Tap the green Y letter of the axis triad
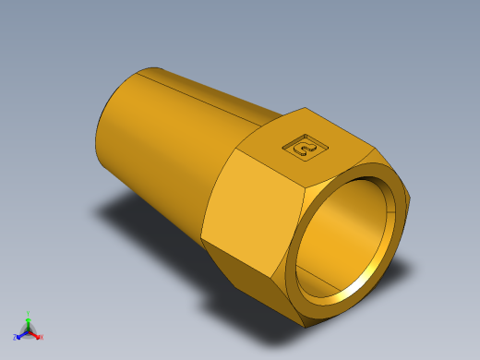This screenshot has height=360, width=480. (29, 313)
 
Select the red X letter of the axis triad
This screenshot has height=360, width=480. (42, 337)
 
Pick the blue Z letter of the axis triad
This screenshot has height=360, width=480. (16, 337)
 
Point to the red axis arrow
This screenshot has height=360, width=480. (35, 333)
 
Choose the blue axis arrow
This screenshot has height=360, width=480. (22, 333)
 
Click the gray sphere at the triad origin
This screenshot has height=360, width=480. (29, 330)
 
